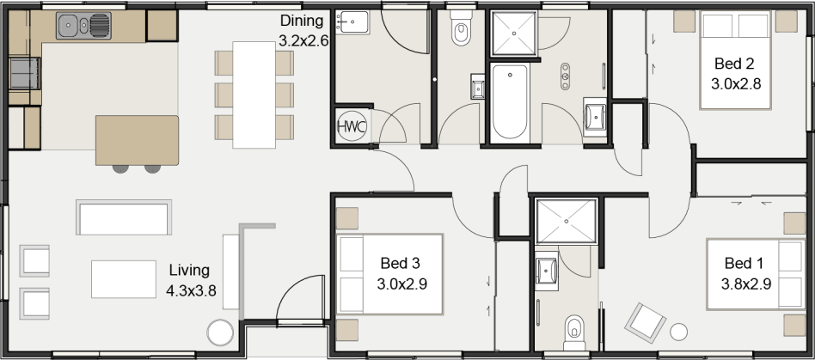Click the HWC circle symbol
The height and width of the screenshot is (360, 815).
[352, 125]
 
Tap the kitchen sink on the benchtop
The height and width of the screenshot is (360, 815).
[83, 26]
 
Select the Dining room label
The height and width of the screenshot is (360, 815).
[302, 21]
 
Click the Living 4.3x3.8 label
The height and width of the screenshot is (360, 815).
[191, 280]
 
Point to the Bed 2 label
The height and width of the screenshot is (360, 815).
[734, 64]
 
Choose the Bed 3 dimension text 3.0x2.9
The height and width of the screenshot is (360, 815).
[401, 284]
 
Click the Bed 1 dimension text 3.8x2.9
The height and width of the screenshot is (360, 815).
[745, 284]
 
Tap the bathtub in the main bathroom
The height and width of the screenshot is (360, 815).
[510, 102]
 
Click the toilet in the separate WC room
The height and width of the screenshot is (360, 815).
[461, 29]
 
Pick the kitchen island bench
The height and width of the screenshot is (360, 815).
[138, 140]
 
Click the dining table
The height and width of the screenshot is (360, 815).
[254, 95]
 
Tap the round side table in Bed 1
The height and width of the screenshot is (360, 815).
[679, 332]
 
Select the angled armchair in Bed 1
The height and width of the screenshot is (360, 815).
[645, 322]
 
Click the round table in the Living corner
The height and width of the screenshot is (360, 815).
[220, 333]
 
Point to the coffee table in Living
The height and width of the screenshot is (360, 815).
[124, 279]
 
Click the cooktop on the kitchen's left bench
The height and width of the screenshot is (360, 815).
[24, 73]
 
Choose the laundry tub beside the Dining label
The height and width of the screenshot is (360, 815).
[352, 22]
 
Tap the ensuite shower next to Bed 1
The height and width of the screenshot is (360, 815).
[566, 222]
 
